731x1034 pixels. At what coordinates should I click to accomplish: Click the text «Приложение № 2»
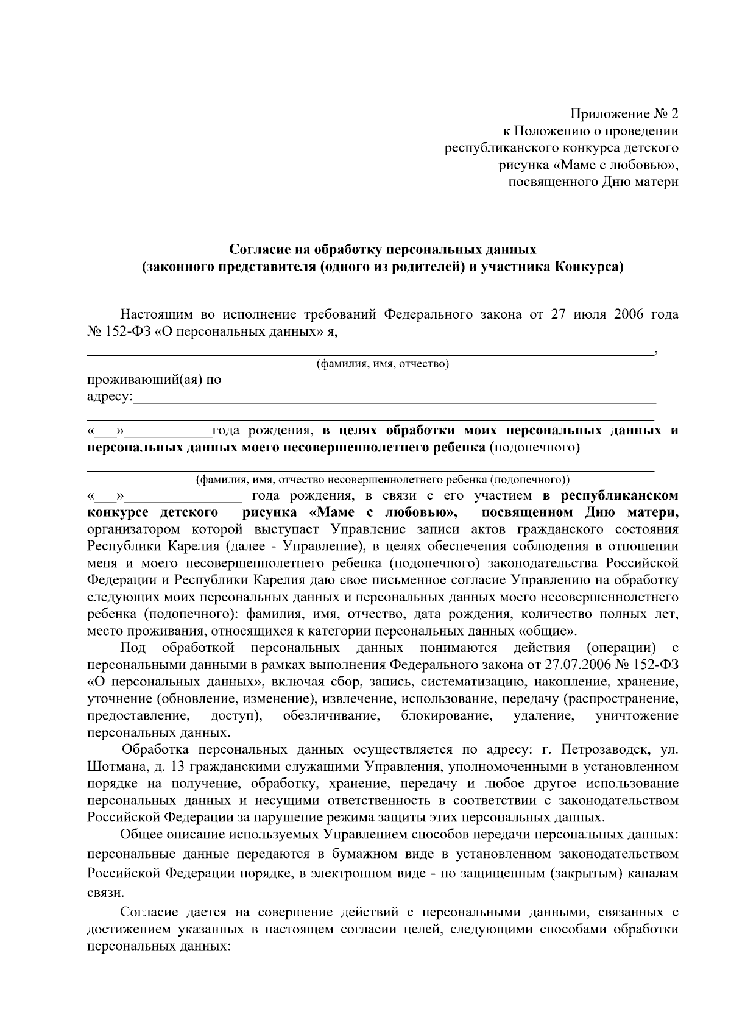tap(623, 114)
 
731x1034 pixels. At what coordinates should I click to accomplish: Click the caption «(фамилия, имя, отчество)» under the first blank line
tap(382, 364)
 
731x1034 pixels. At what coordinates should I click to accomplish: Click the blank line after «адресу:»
tap(394, 401)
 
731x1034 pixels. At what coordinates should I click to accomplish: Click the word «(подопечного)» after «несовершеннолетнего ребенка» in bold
tap(535, 448)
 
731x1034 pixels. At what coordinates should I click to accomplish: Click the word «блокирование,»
tap(447, 715)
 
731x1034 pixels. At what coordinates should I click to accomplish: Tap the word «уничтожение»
tap(637, 715)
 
